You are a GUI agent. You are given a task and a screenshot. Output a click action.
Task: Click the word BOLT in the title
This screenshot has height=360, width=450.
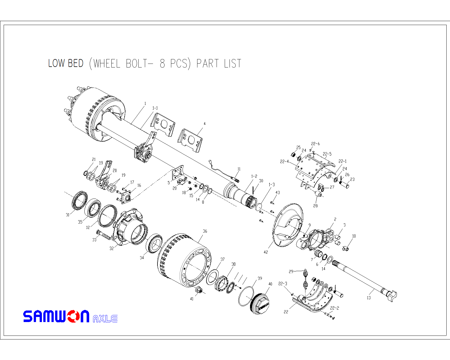tap(137, 64)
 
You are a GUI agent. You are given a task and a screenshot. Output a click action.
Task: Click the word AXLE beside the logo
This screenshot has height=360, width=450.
tap(105, 319)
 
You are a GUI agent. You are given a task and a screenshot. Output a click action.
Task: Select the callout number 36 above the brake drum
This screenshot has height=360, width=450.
tap(205, 231)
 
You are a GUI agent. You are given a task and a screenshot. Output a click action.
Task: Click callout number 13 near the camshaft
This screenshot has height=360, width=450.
tap(369, 298)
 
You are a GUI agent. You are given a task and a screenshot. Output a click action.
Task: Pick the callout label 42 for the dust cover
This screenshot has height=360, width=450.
tap(265, 252)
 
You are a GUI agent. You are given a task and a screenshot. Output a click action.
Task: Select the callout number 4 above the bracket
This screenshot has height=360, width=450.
tap(204, 124)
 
